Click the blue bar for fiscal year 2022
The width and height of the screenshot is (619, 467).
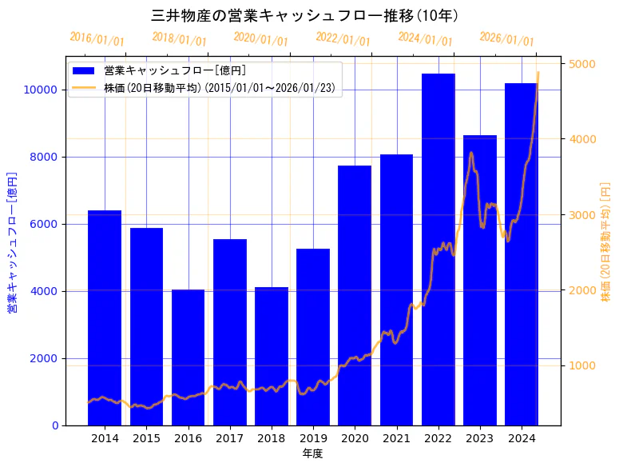pos(438,249)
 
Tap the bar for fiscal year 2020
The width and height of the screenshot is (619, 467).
pos(355,295)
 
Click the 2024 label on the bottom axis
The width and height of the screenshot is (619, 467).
pos(522,438)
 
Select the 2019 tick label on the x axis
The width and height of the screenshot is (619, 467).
pos(313,438)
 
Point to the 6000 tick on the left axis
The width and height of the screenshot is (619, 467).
pos(43,224)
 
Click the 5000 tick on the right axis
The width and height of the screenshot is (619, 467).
pos(581,64)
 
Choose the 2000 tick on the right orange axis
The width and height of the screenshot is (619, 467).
pos(581,290)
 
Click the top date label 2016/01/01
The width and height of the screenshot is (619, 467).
pos(97,39)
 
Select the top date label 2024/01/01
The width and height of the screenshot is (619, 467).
pos(425,39)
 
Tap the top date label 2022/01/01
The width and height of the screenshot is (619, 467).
pos(343,39)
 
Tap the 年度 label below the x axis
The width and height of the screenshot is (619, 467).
pos(312,453)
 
